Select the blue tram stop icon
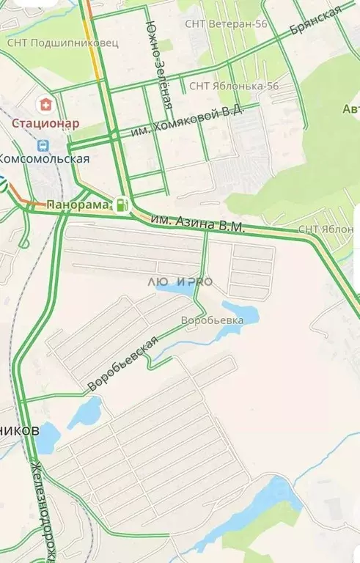(x=43, y=146)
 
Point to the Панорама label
(x=78, y=204)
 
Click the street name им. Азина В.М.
(x=196, y=223)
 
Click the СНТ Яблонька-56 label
(x=234, y=86)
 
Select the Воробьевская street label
(x=122, y=362)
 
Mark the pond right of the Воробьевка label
(x=242, y=314)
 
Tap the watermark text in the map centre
(x=180, y=281)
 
